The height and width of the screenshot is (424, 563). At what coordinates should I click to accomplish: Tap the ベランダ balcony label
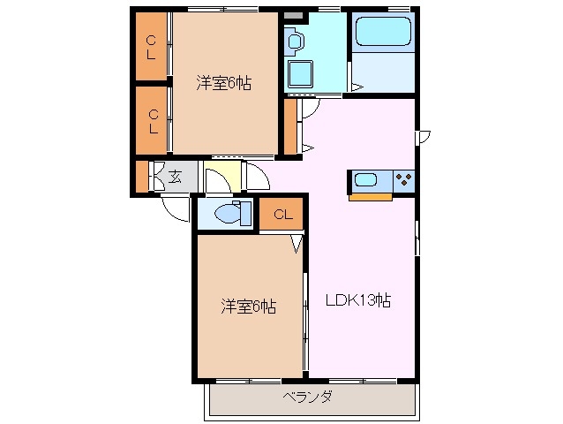point(308,397)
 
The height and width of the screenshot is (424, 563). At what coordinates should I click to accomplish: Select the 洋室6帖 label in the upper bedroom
point(223,83)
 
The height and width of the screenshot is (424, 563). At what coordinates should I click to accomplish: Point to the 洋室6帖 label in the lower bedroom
point(248,307)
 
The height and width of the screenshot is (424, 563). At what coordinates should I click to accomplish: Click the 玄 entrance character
point(176,176)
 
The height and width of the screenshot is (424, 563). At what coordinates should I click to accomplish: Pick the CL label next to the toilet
point(281,214)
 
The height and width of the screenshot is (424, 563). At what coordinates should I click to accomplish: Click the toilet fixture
point(231,213)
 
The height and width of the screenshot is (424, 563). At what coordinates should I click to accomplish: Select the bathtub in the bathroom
point(383,34)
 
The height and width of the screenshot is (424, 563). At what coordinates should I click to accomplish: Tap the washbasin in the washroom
point(295,41)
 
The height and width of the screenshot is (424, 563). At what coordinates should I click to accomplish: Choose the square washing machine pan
point(302,75)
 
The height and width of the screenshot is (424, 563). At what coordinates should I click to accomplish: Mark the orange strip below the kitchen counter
point(371,196)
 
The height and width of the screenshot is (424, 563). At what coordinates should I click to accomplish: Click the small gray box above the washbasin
point(293,16)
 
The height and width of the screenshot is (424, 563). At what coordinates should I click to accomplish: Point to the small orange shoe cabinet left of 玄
point(142,176)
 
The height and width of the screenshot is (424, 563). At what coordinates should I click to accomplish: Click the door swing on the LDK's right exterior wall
point(424,136)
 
